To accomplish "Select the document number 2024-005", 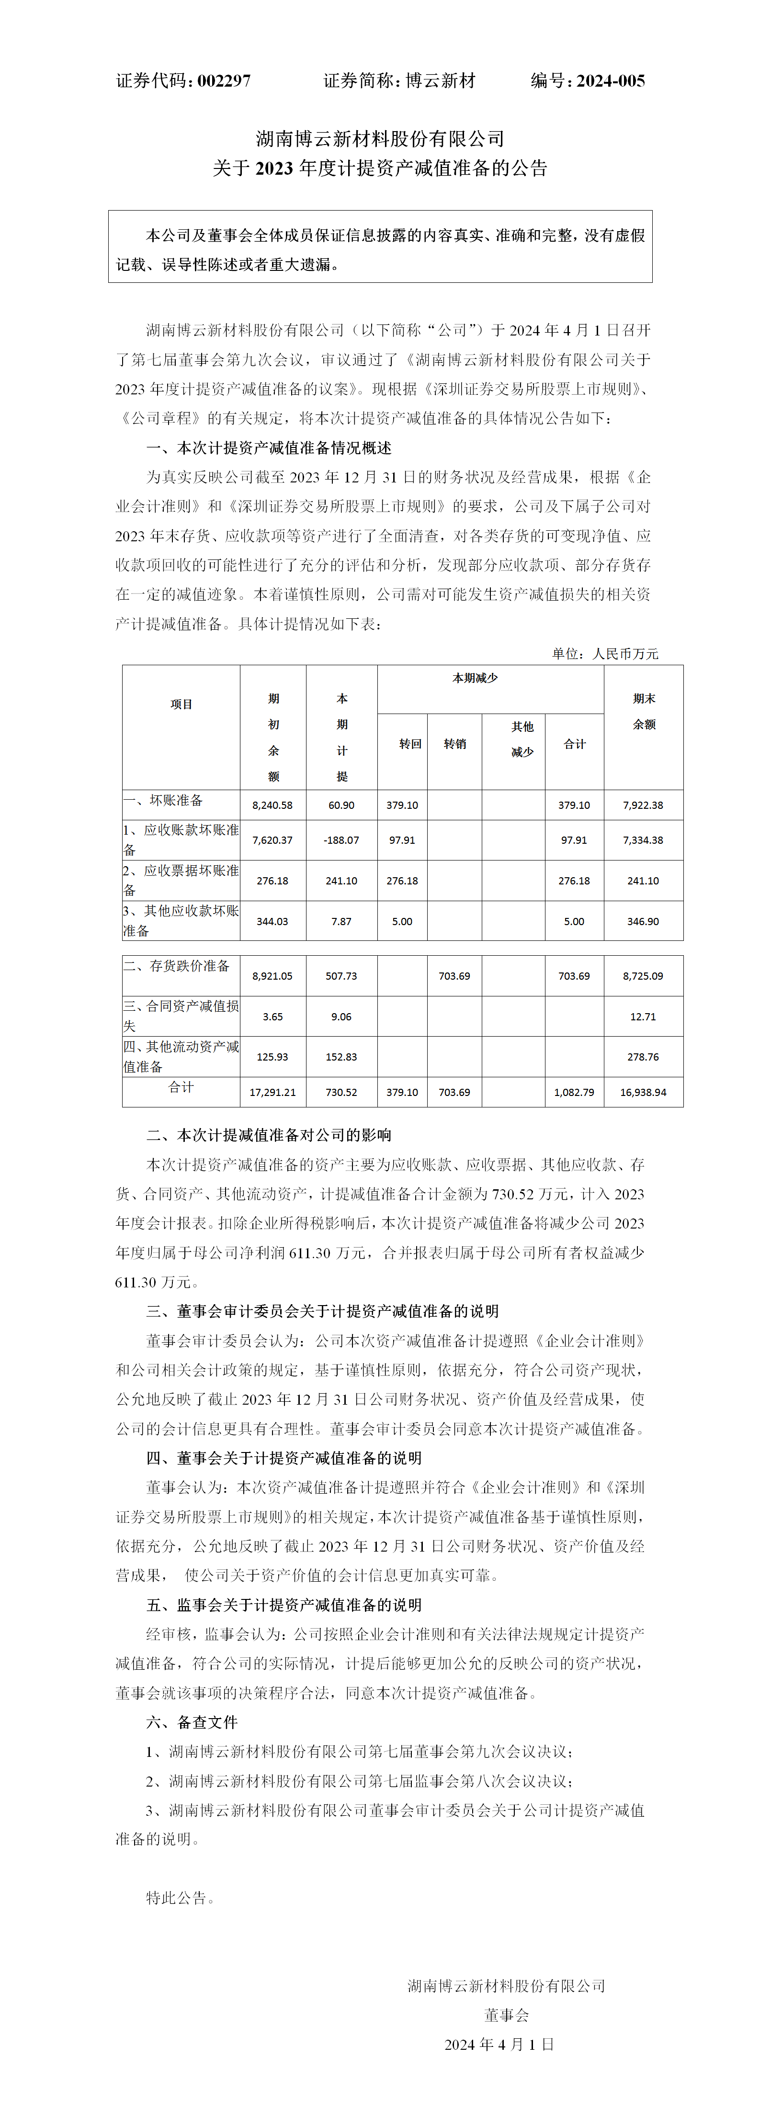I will click(610, 81).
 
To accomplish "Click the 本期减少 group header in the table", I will click(475, 678).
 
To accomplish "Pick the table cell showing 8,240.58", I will click(272, 805).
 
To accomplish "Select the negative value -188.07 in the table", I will click(341, 840).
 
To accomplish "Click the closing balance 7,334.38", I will click(643, 840).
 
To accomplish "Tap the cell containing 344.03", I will click(272, 921).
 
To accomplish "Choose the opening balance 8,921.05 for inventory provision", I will click(272, 976).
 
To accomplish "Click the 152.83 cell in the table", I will click(341, 1057).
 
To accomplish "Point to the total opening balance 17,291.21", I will click(272, 1093).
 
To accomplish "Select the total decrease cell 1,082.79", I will click(574, 1093).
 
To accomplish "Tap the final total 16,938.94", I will click(643, 1093).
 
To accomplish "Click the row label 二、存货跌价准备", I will click(177, 966).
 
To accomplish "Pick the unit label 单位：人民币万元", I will click(605, 654).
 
